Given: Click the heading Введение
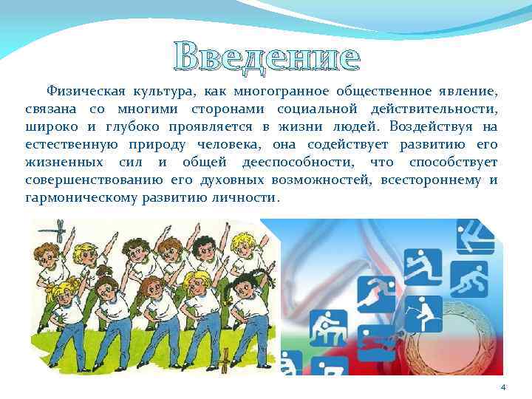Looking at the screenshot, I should [267, 57].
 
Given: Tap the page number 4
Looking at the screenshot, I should [502, 388].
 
